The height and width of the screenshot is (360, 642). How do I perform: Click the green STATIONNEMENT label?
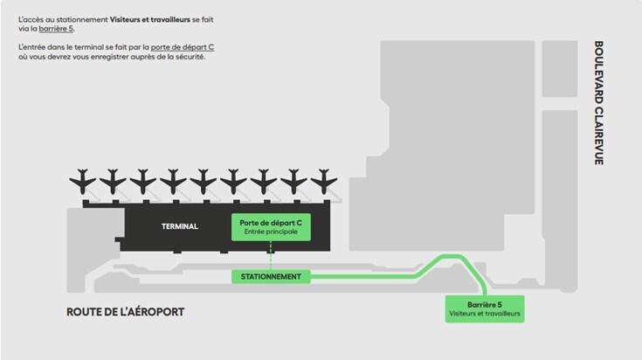click(272, 277)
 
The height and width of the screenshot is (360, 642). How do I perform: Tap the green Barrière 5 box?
click(485, 308)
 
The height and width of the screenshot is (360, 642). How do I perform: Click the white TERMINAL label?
click(180, 227)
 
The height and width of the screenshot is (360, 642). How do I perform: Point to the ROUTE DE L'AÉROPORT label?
click(126, 312)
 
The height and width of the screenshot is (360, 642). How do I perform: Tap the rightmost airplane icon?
click(323, 182)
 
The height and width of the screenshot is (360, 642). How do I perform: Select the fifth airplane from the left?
click(204, 182)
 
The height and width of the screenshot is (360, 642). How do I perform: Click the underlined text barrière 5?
click(57, 29)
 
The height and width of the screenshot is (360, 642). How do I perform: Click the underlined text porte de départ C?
click(182, 45)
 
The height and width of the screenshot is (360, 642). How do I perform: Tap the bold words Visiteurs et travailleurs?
click(150, 18)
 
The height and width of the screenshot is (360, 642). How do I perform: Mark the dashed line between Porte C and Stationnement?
click(271, 256)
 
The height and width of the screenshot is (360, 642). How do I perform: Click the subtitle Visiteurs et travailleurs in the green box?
click(485, 313)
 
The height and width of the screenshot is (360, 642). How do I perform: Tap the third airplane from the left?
click(143, 182)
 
